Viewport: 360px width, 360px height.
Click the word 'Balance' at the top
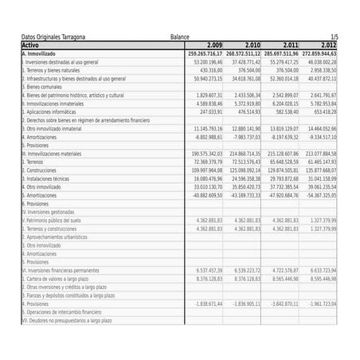pyautogui.click(x=180, y=37)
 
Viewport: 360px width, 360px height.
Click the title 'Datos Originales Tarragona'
pyautogui.click(x=53, y=37)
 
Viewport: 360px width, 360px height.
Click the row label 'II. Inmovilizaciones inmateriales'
pyautogui.click(x=52, y=104)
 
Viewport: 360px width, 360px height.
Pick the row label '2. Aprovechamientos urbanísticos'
pyautogui.click(x=54, y=237)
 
